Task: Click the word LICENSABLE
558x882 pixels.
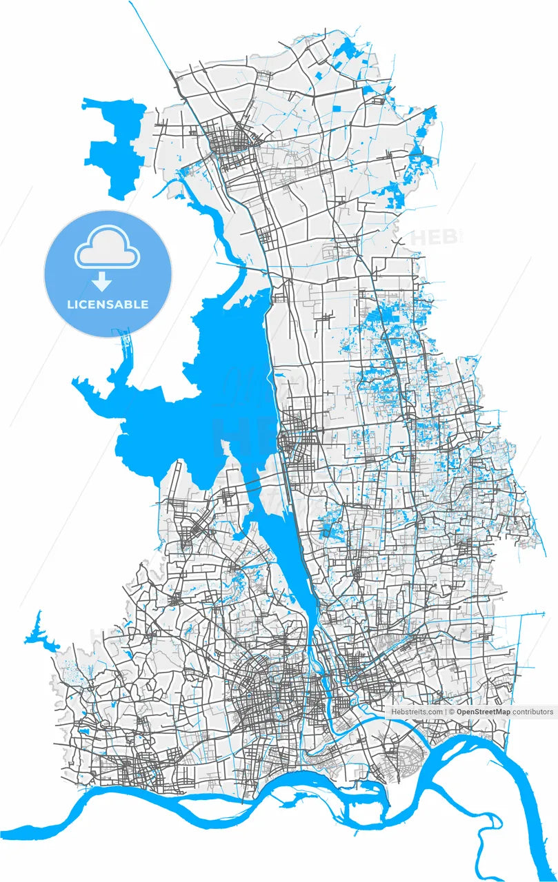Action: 108,304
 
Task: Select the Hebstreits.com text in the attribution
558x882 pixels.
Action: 417,712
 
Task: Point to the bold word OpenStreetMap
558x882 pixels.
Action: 484,712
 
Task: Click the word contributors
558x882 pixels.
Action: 532,712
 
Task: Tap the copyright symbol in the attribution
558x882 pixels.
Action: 451,712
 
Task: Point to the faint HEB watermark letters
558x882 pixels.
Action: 434,237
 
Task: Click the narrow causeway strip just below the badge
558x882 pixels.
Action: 127,351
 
